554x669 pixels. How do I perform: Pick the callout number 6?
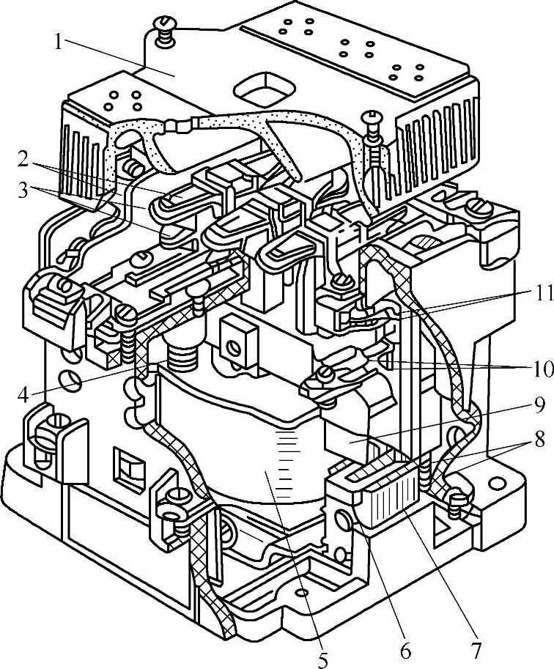[405, 649]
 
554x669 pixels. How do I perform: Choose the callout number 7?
[476, 649]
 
